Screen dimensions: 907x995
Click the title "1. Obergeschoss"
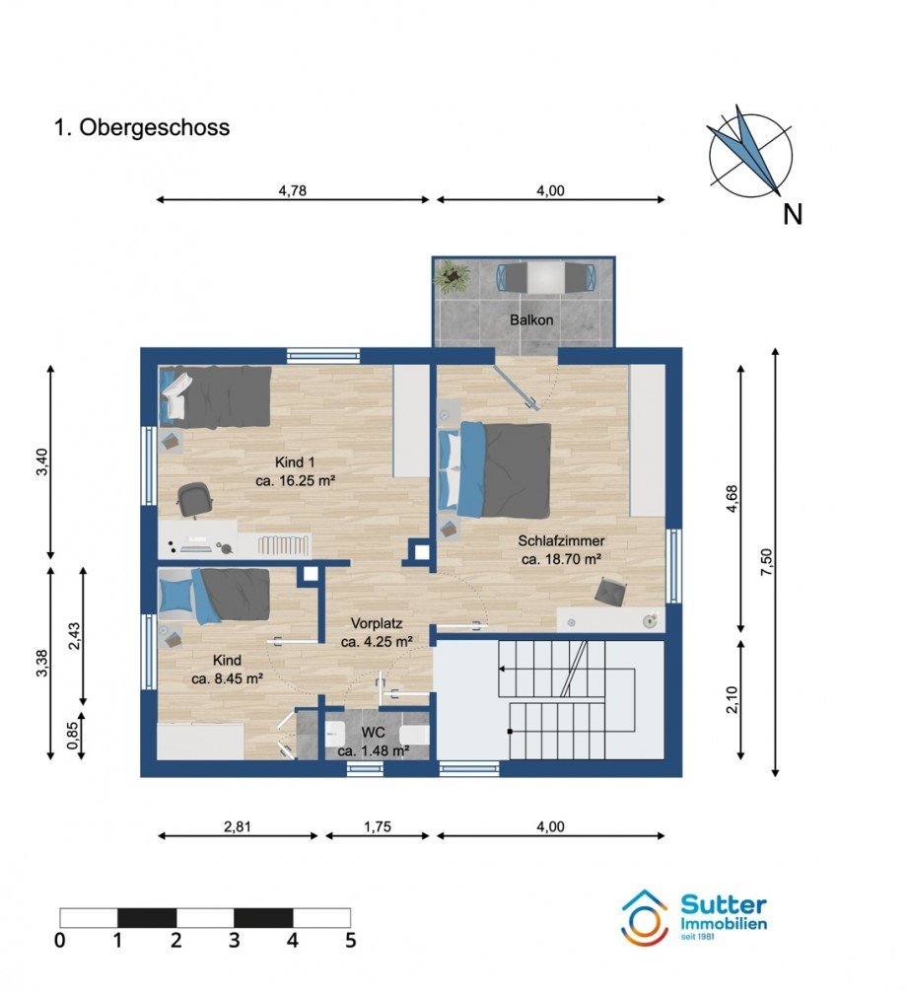[x=141, y=127]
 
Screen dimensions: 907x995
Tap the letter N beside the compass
[x=793, y=215]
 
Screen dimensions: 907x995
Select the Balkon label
[x=531, y=320]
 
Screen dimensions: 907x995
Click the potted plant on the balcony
[x=453, y=277]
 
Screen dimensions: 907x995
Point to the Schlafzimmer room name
[x=561, y=541]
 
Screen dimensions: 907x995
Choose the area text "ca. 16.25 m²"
[x=295, y=481]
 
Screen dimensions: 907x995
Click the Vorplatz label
[x=377, y=624]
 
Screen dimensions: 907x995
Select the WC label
[x=373, y=733]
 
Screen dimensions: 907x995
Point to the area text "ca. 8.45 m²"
[x=227, y=678]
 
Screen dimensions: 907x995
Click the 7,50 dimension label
[x=767, y=561]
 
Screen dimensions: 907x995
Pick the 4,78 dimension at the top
[x=293, y=190]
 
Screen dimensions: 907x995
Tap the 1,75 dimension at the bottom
[x=378, y=826]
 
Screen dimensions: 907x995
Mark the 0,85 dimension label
[x=73, y=736]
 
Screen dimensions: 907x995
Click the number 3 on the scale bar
[x=234, y=940]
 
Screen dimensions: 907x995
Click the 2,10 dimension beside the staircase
[x=733, y=699]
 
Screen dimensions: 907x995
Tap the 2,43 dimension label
[x=73, y=636]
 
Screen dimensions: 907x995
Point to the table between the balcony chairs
[x=545, y=277]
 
